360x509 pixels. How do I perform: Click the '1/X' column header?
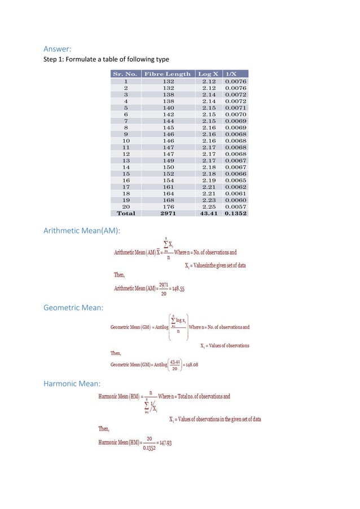(231, 74)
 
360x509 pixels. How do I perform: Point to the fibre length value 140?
(168, 107)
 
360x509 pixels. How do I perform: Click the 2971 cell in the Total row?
(168, 213)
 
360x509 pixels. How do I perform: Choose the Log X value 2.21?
(208, 186)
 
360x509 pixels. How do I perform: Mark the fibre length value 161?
(168, 186)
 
